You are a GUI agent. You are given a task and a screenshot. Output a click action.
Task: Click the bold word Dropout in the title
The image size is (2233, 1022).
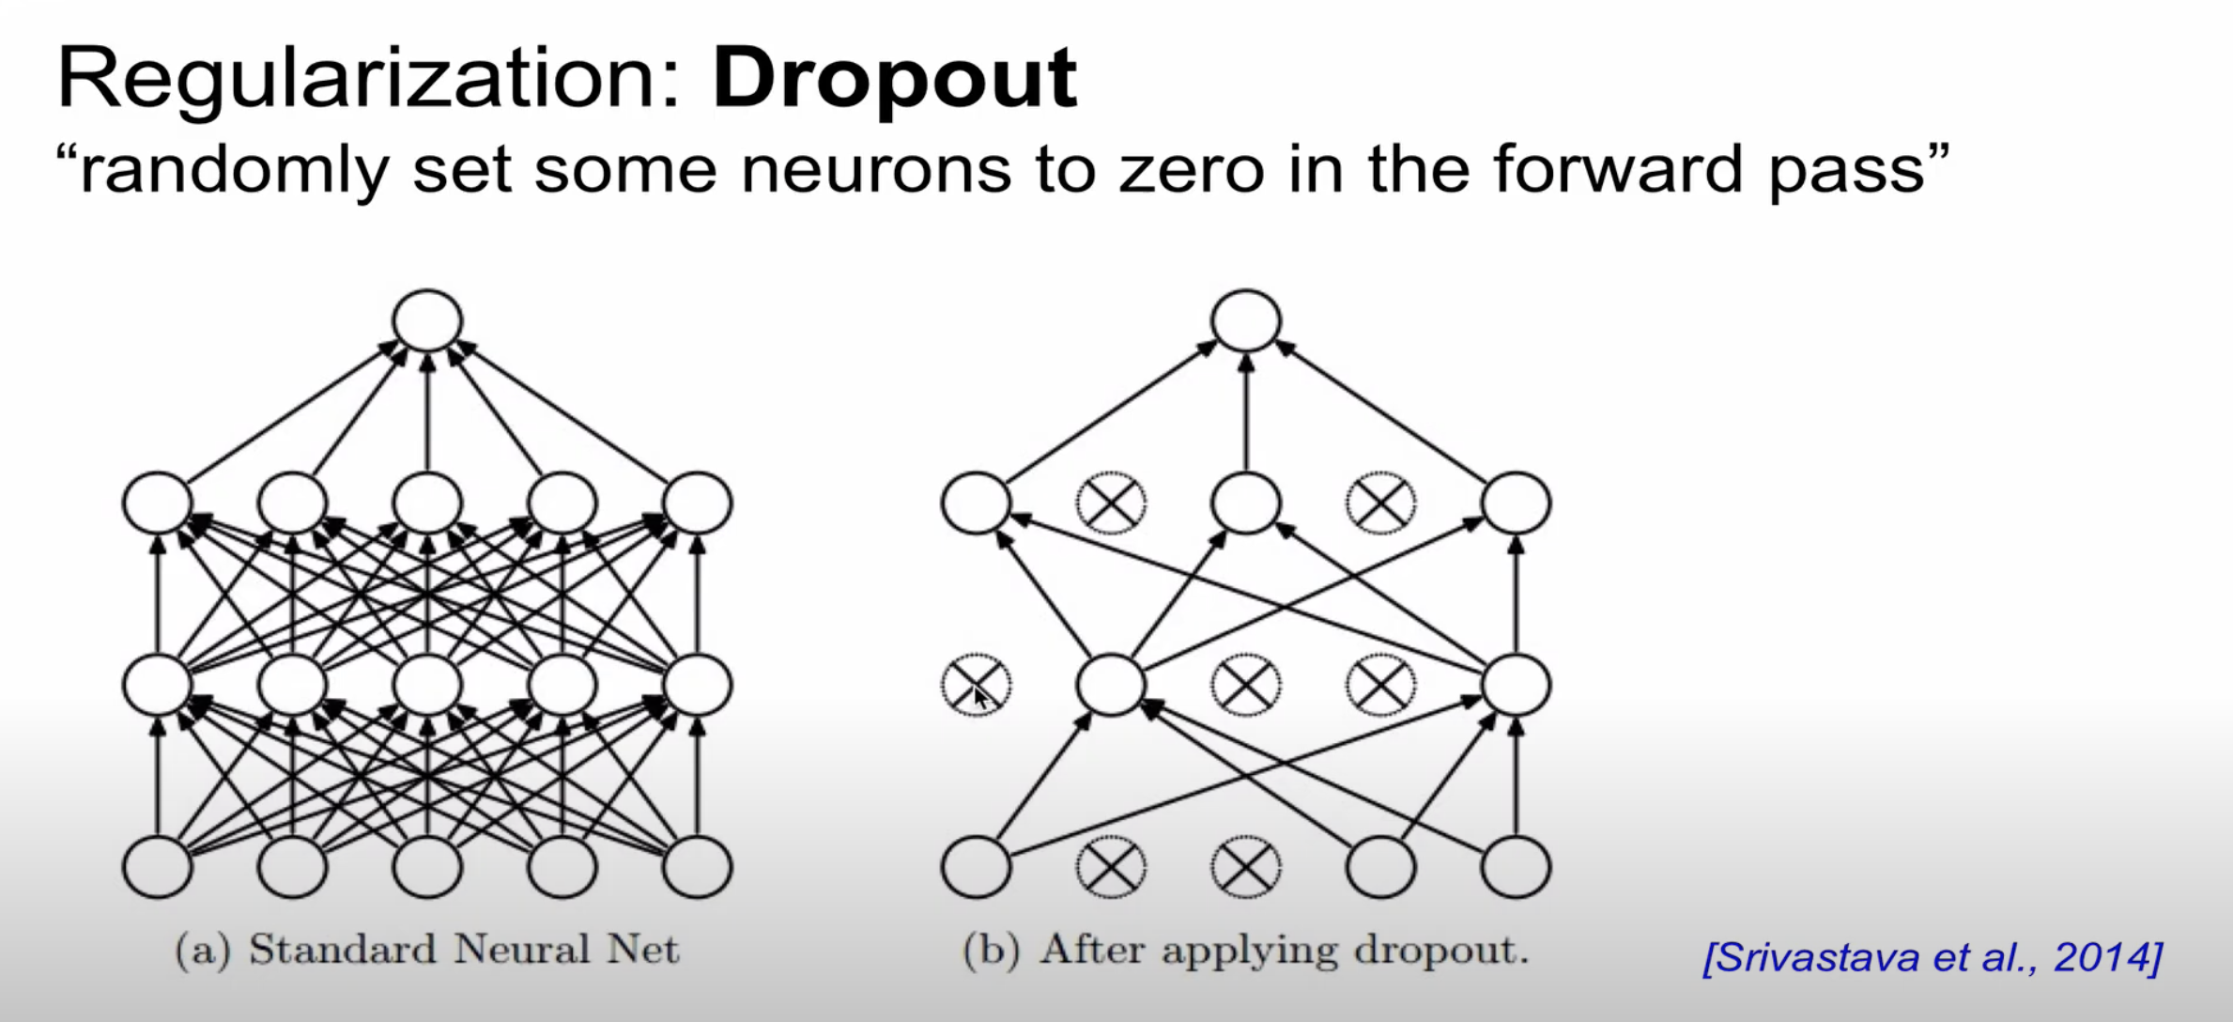tap(894, 80)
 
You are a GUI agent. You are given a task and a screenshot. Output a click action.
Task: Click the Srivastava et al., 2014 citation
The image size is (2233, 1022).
tap(1933, 957)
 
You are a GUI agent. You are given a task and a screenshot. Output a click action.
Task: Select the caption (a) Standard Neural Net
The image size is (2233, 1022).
tap(426, 950)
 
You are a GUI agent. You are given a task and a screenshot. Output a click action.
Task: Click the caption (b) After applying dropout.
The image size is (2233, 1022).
tap(1245, 950)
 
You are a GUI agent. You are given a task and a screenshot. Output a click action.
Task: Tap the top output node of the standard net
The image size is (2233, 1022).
tap(427, 320)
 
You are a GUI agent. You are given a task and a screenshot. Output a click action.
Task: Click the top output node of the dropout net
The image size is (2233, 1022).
tap(1246, 320)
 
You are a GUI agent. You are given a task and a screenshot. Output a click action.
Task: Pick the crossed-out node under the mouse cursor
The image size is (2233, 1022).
tap(977, 684)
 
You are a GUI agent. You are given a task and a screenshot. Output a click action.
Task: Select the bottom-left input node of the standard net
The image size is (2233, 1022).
tap(158, 866)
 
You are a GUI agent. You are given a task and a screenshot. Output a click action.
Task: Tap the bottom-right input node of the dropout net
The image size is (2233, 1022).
tap(1516, 866)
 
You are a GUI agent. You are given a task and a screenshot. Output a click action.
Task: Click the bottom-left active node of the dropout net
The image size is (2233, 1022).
tap(977, 866)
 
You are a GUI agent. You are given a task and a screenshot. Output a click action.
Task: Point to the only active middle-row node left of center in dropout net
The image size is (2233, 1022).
tap(1111, 684)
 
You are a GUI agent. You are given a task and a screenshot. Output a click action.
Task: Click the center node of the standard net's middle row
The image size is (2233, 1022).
tap(427, 684)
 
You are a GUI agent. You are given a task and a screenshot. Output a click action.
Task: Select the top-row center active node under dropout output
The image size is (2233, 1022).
tap(1246, 503)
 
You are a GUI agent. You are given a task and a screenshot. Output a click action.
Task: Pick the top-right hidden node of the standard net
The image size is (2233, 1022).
tap(697, 503)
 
